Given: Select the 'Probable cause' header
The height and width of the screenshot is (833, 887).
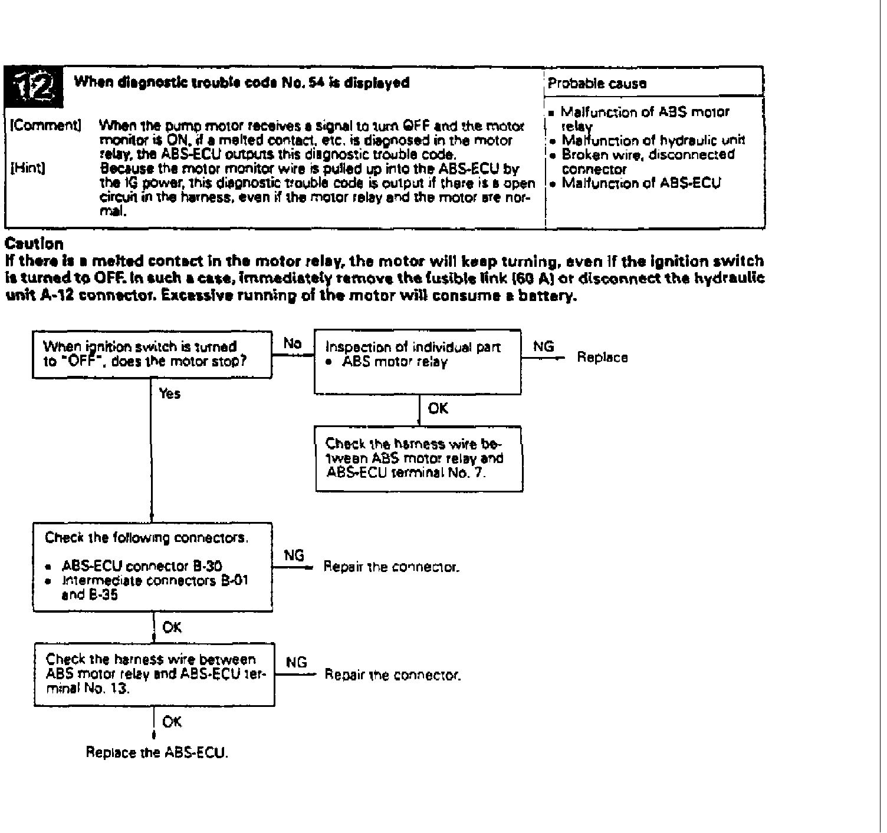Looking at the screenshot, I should (x=596, y=83).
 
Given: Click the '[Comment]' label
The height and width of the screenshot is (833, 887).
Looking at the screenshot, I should (x=45, y=125).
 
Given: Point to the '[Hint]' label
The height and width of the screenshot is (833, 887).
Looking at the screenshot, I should (x=28, y=168).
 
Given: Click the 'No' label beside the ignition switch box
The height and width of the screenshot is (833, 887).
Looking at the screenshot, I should (x=292, y=343).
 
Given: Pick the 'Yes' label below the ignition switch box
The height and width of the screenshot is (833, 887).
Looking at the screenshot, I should (x=170, y=394).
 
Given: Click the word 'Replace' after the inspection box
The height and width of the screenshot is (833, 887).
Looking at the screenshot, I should (x=602, y=358).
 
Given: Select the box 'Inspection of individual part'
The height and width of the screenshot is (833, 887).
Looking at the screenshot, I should (x=418, y=361).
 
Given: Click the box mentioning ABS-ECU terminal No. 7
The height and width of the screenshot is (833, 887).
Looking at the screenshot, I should (x=419, y=458).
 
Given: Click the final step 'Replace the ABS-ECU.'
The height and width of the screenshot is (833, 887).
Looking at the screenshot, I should (x=157, y=752).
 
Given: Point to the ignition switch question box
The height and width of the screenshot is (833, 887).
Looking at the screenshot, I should (x=152, y=353).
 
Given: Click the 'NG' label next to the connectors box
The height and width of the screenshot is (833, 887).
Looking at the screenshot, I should (x=294, y=556).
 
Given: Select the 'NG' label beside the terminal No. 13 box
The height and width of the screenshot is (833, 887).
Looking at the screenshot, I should (x=296, y=663).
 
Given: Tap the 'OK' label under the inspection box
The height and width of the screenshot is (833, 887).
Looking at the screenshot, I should (x=438, y=408).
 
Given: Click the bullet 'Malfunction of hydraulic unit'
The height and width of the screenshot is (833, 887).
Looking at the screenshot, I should (x=653, y=140).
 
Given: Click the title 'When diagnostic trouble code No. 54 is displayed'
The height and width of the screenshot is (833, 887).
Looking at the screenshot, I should (x=241, y=83).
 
